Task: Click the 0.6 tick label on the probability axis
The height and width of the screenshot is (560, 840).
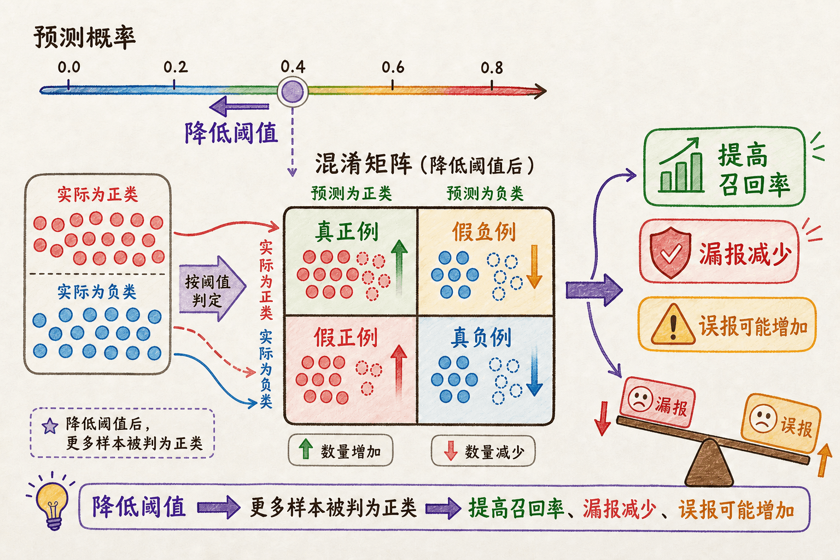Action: click(393, 67)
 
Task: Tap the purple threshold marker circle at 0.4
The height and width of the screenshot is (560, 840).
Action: click(293, 91)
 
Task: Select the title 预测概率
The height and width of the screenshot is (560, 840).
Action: click(84, 38)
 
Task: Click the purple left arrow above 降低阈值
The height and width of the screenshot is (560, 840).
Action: click(239, 106)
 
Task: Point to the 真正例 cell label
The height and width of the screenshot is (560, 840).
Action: click(347, 231)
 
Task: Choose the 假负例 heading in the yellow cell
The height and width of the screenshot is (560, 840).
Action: click(484, 231)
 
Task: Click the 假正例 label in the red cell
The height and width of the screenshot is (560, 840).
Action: click(346, 337)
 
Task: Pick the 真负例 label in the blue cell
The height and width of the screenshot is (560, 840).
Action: click(481, 337)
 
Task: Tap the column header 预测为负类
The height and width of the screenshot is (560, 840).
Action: click(485, 194)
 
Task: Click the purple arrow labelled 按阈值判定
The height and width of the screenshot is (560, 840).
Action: click(212, 288)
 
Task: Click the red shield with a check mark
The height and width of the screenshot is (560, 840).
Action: click(670, 252)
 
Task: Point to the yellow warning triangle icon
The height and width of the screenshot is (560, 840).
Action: click(673, 324)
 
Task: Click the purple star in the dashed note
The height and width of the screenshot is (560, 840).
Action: click(50, 426)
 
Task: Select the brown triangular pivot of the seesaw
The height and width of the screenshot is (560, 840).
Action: click(709, 463)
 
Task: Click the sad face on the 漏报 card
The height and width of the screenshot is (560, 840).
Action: click(640, 400)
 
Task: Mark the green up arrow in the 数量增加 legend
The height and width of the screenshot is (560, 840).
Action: click(306, 449)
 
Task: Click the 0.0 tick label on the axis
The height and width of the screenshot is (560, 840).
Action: click(68, 67)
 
